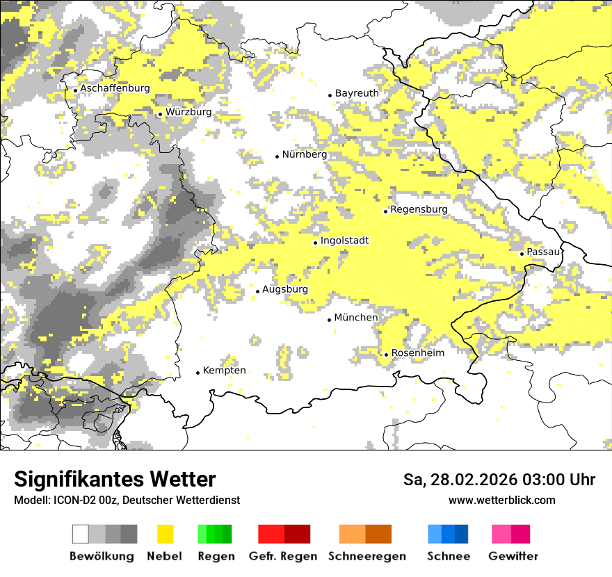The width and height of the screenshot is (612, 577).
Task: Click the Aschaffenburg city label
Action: [115, 89]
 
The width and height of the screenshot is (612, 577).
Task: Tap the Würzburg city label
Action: [188, 112]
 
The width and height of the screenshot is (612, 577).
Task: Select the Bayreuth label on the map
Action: [357, 93]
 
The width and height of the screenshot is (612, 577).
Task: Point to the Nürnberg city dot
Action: [277, 156]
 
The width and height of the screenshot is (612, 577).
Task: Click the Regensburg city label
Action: [419, 209]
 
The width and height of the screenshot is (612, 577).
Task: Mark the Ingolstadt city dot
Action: [315, 243]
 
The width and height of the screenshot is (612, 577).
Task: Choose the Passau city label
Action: [543, 252]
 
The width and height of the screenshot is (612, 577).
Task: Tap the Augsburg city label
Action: [285, 289]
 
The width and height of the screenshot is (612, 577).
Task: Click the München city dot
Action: [330, 320]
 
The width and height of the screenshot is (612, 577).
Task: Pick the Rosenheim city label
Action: [417, 353]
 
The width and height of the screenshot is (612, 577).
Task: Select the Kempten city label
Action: [224, 371]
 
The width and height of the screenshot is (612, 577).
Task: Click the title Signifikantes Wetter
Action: [115, 479]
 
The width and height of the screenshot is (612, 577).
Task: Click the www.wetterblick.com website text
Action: [502, 500]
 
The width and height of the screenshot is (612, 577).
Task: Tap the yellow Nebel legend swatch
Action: [166, 534]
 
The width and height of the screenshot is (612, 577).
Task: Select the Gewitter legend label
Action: [513, 556]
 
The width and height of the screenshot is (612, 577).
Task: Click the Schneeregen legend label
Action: [367, 556]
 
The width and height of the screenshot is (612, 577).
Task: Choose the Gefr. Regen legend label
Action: [283, 556]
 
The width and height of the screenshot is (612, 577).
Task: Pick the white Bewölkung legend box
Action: [81, 534]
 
